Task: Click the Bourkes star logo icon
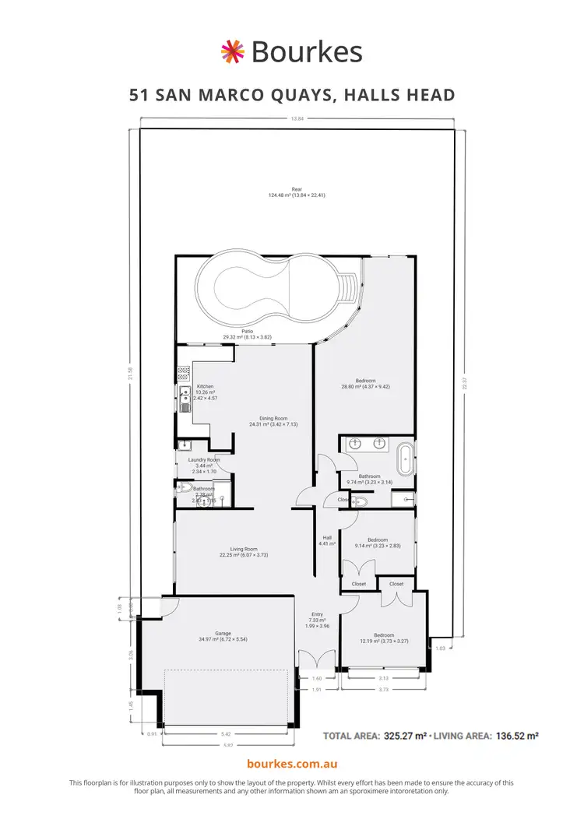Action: tap(233, 51)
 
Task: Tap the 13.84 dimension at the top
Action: tap(296, 119)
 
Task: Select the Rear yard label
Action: tap(296, 189)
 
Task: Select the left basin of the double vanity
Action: tap(355, 444)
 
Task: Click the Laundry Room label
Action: tap(204, 460)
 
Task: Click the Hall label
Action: tap(327, 538)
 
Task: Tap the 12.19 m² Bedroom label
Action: tap(384, 636)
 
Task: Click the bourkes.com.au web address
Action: tap(291, 765)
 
